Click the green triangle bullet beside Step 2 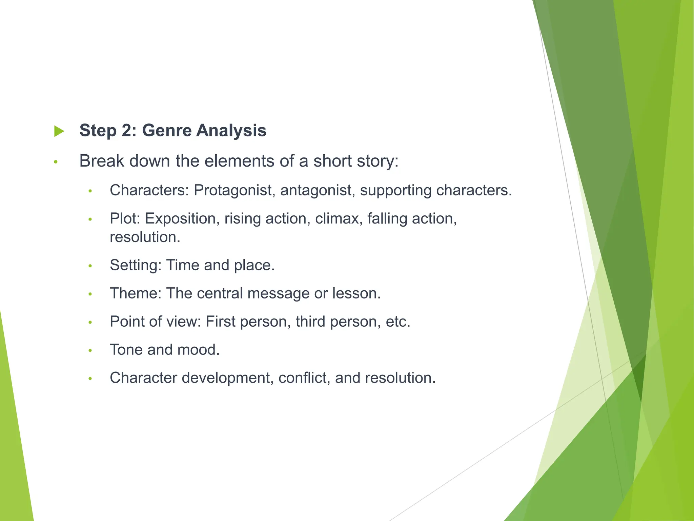pos(59,131)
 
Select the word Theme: pos(136,293)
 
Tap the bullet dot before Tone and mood pos(90,350)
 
